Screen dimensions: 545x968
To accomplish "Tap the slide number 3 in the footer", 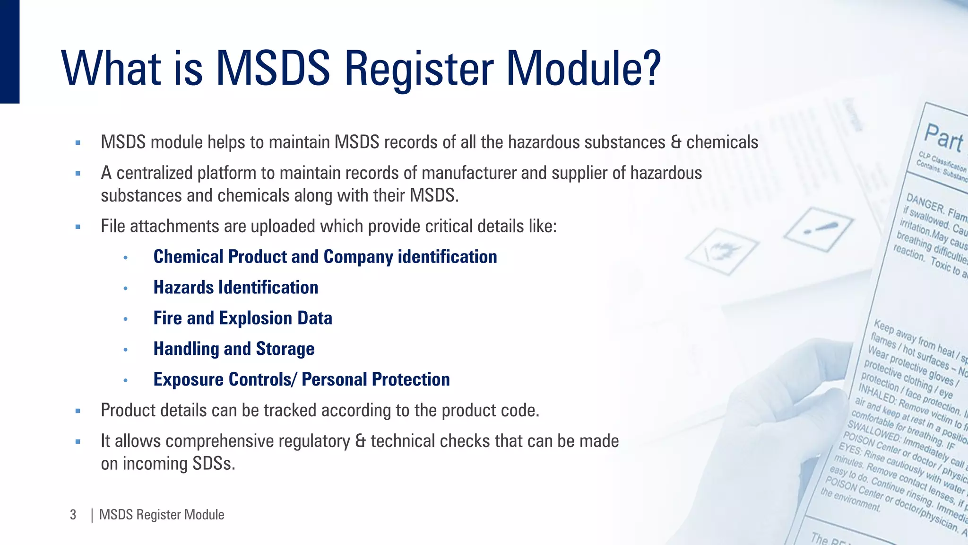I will pos(73,515).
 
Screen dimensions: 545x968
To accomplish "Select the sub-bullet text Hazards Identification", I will pos(236,288).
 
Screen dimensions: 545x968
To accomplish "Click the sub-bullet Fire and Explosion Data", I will pos(242,318).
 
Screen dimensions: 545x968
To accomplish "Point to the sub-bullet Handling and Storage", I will pos(234,349).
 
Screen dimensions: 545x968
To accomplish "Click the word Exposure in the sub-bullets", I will pos(189,380).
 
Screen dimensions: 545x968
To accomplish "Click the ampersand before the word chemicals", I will pos(676,142).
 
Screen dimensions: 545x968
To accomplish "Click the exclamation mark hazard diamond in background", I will pos(818,229).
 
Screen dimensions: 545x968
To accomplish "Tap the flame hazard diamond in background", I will pos(721,251).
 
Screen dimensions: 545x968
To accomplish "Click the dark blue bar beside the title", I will pos(9,51).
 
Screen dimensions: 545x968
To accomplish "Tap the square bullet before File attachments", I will pos(78,227).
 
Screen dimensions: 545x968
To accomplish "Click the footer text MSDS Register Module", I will pos(162,515).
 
